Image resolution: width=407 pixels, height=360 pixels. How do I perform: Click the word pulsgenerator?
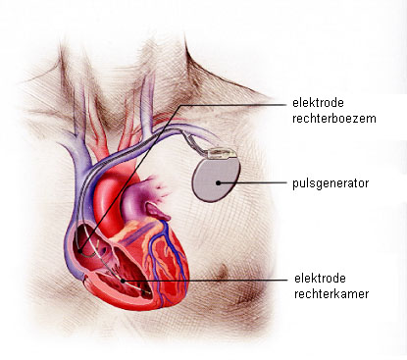click(330, 182)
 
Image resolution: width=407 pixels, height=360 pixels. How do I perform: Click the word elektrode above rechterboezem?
click(317, 102)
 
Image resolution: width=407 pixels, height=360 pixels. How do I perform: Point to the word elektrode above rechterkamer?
click(317, 275)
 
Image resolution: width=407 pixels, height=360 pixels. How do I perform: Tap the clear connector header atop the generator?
click(223, 152)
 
